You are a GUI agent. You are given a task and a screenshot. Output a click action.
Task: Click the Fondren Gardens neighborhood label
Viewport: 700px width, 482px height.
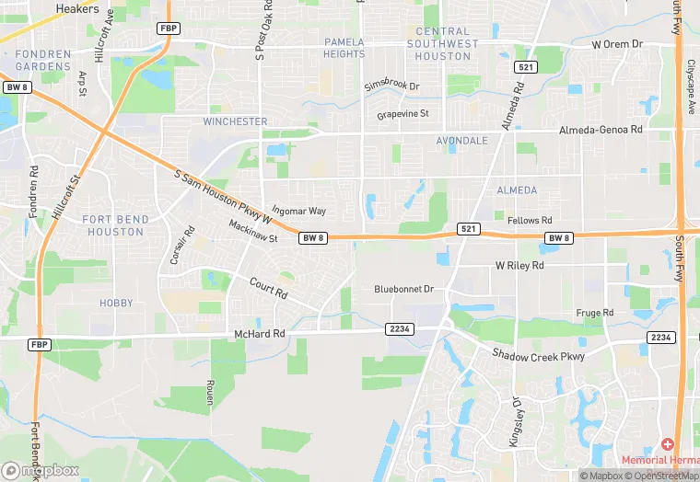[43, 60]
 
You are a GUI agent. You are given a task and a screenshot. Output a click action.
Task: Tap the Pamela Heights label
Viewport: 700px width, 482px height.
[344, 48]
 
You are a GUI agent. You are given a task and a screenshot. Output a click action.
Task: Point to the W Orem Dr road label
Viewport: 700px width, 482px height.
[623, 43]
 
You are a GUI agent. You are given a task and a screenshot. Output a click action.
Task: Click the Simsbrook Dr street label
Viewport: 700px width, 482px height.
[391, 86]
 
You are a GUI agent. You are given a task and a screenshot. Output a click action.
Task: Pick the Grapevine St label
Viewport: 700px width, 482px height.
[403, 115]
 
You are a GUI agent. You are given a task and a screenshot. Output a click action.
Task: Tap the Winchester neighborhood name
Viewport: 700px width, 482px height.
[235, 121]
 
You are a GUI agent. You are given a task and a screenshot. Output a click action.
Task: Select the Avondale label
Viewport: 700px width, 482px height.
[461, 142]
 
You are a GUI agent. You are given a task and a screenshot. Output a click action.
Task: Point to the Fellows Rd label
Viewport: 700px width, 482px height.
[530, 221]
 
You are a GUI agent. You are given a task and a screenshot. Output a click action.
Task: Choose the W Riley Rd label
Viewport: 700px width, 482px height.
[519, 265]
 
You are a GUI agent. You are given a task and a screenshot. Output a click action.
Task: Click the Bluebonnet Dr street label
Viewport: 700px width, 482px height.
[403, 289]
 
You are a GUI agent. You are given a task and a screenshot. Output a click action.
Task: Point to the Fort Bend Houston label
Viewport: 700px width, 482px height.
[113, 225]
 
